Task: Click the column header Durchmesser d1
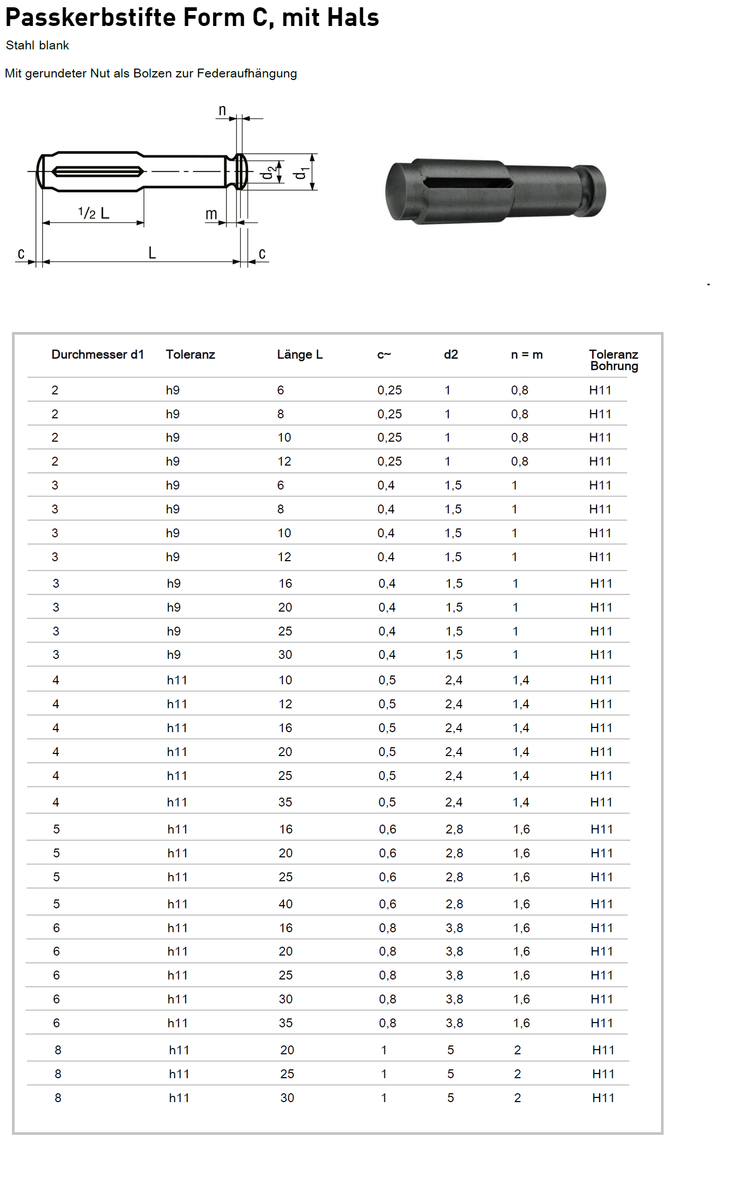point(97,355)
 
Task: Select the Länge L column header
point(300,355)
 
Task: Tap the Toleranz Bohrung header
point(614,360)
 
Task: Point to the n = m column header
point(526,355)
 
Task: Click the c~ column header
point(384,355)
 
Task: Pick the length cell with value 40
point(286,904)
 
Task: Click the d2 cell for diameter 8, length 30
point(450,1098)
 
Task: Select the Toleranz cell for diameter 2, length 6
point(173,390)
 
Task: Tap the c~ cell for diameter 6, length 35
point(387,1023)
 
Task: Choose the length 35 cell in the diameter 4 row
point(285,802)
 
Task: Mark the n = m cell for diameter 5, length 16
point(521,829)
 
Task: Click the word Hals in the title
point(357,18)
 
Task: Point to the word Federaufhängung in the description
point(247,74)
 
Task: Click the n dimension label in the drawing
point(222,110)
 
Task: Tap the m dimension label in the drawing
point(211,214)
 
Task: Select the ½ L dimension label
point(94,213)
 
